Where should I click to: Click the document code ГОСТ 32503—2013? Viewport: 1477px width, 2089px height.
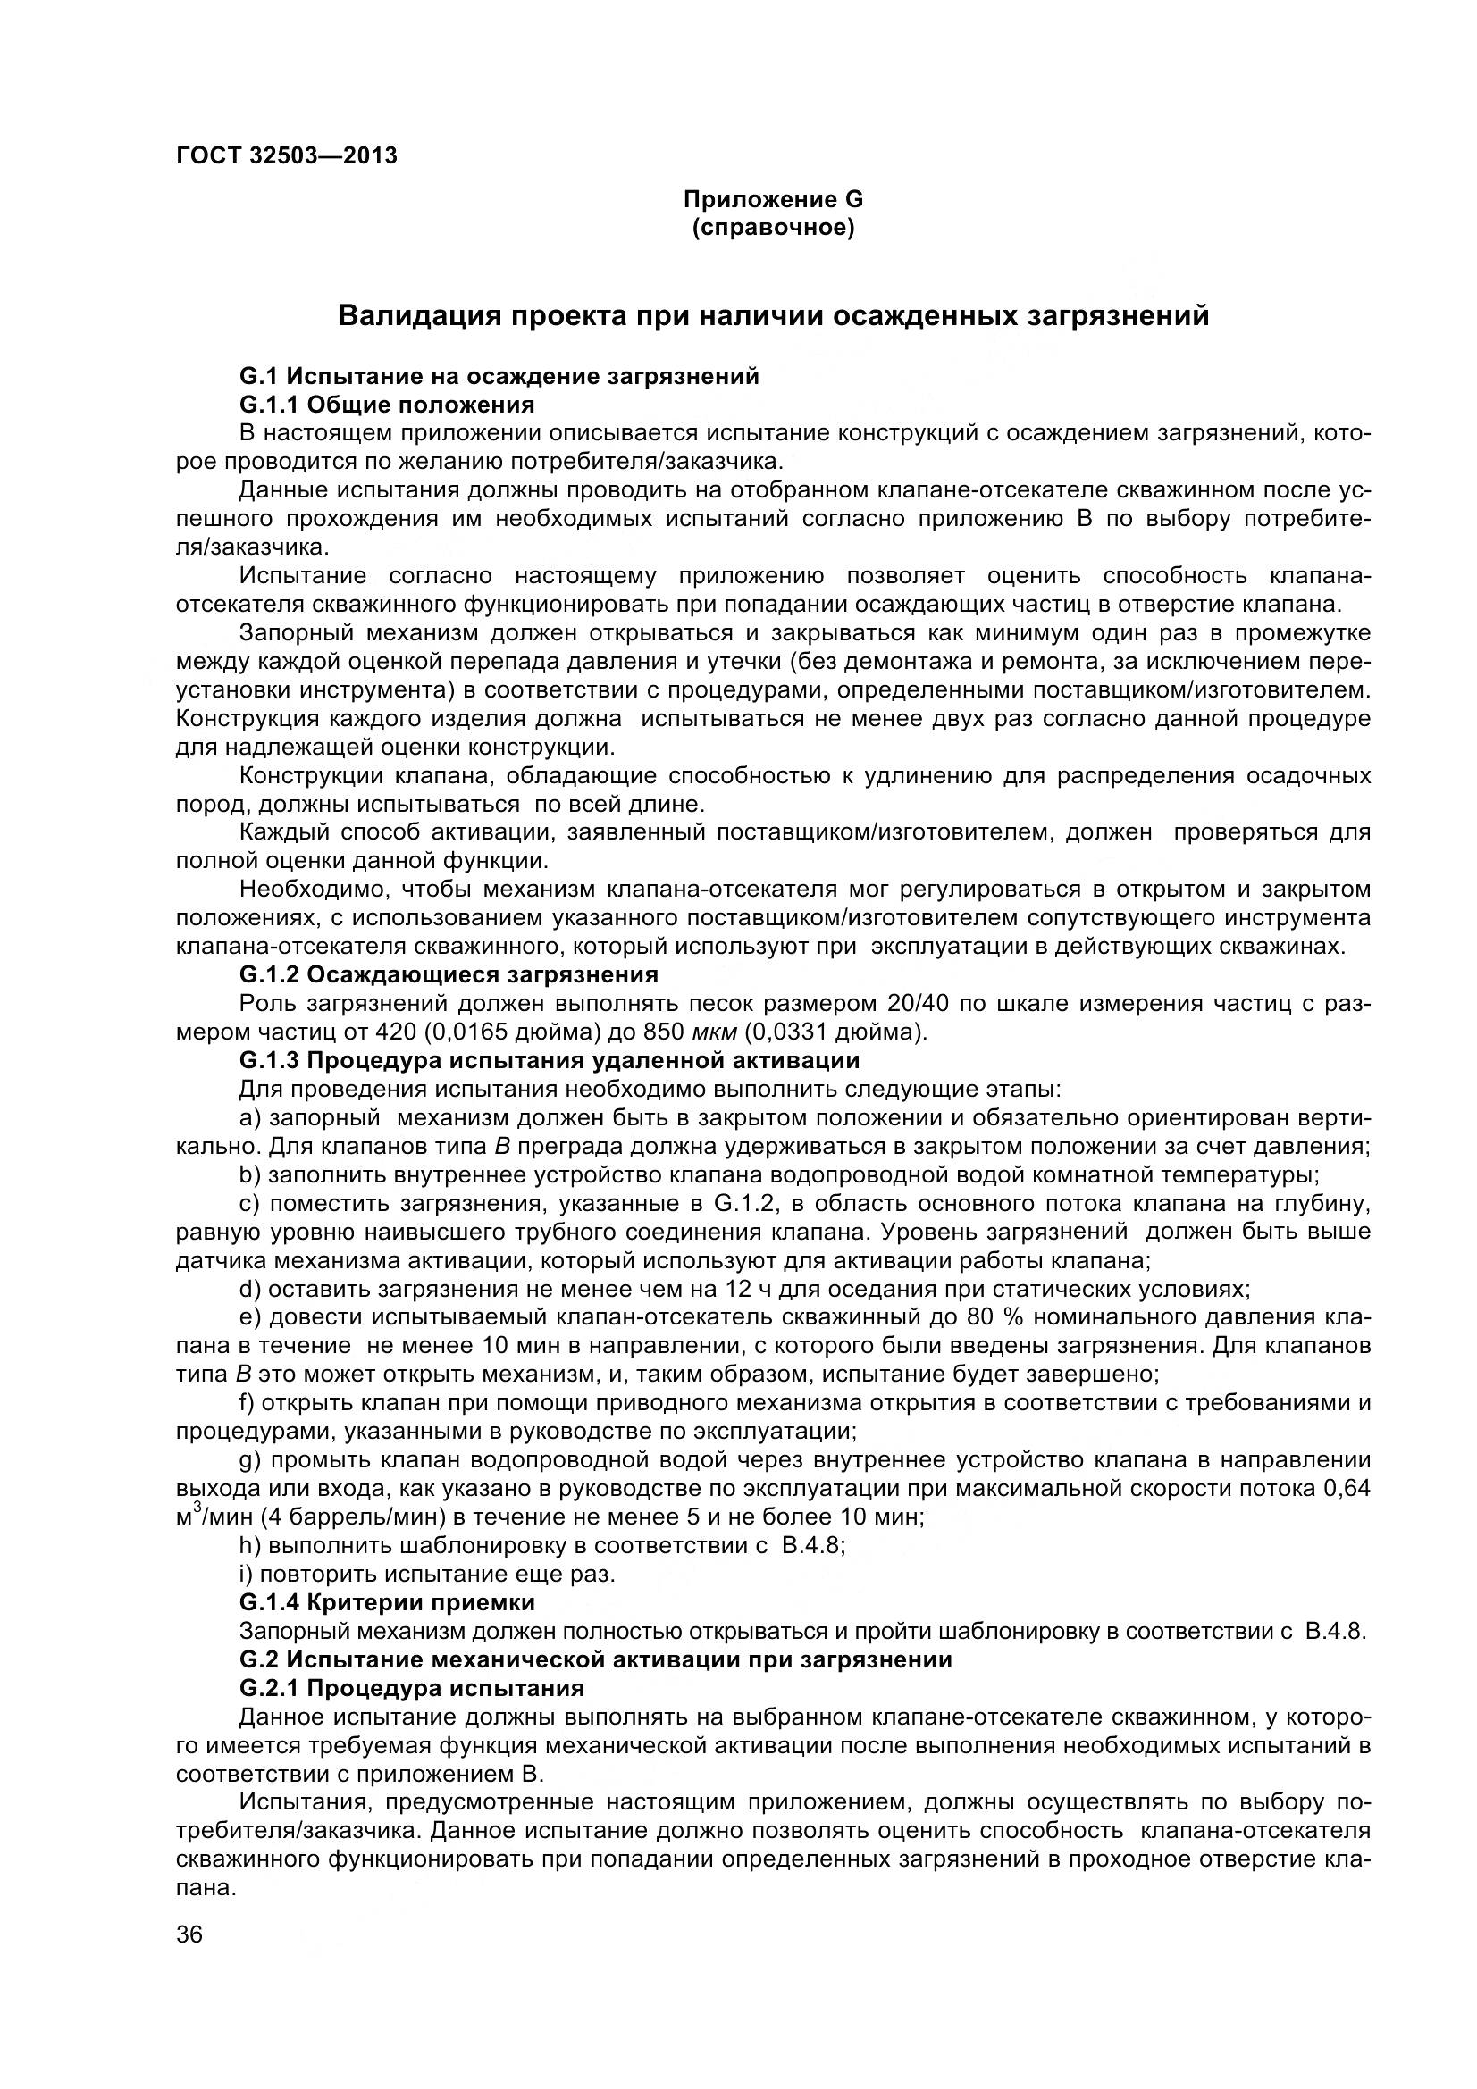tap(287, 155)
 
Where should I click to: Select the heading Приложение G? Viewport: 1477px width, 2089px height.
tap(773, 200)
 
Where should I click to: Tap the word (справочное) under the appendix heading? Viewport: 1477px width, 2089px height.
tap(773, 229)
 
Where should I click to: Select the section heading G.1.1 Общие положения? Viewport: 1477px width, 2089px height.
tap(387, 404)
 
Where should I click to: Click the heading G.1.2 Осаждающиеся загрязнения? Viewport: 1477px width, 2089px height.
tap(449, 975)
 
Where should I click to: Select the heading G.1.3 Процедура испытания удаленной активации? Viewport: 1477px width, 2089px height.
tap(550, 1061)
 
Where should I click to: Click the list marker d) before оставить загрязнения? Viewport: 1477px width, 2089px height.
tap(250, 1290)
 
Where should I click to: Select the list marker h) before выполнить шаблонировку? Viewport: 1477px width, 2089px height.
tap(250, 1546)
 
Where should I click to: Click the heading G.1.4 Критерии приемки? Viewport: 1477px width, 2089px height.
tap(387, 1602)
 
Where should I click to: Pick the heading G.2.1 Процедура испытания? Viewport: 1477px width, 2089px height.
tap(411, 1689)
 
